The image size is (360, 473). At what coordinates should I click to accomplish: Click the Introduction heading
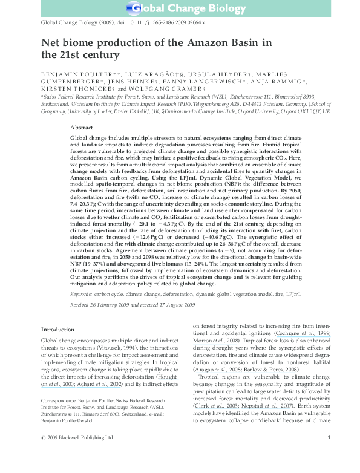tap(57, 329)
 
